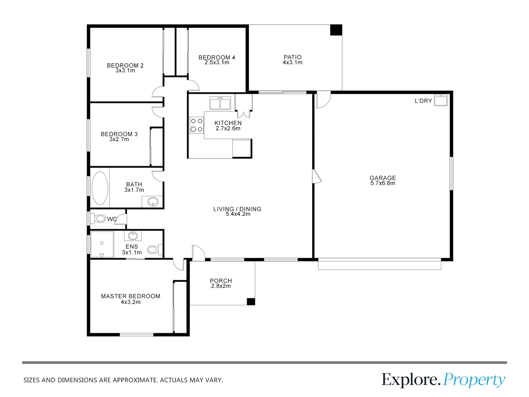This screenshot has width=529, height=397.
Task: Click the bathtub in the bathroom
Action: click(x=100, y=188)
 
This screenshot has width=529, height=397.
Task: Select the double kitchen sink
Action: click(x=220, y=103)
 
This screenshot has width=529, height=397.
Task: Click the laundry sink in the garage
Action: click(x=440, y=100)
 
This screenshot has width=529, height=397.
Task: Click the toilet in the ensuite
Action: click(x=153, y=250)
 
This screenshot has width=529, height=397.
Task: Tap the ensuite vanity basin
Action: click(x=133, y=236)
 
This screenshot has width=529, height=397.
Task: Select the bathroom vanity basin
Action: click(x=152, y=201)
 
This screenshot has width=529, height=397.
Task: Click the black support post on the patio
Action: click(x=336, y=30)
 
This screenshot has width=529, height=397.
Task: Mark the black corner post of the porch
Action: click(x=251, y=301)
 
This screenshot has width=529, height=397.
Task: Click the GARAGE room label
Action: click(x=382, y=178)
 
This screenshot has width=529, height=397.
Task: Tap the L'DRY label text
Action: click(x=423, y=101)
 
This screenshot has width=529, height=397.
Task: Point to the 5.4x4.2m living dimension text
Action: click(x=238, y=214)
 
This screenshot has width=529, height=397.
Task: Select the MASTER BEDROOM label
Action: click(x=130, y=296)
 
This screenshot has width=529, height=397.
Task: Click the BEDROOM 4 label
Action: click(x=217, y=57)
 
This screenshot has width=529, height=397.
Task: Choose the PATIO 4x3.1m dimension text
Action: click(x=292, y=62)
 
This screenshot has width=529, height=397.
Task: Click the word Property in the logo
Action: click(x=474, y=380)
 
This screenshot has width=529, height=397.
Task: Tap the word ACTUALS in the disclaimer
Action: click(x=174, y=380)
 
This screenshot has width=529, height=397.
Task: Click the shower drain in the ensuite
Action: click(x=102, y=243)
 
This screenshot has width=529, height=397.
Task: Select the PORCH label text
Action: click(x=221, y=281)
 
